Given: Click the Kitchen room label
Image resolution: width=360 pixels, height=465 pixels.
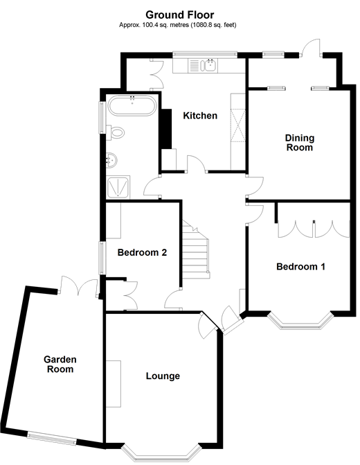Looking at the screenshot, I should tap(200, 116).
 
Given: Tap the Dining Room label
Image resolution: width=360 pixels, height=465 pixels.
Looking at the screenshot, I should tap(299, 143).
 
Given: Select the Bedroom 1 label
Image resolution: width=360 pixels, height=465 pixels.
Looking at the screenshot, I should tap(300, 267).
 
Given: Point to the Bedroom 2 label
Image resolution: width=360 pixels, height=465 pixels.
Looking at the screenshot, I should tap(142, 253).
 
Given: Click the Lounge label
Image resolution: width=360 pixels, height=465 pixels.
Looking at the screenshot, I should tap(163, 376).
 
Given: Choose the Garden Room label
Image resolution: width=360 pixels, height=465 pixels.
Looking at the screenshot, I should tap(60, 365).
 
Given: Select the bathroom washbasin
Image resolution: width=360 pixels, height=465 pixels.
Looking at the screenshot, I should tap(111, 160).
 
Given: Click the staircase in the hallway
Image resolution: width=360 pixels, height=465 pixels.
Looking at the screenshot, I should tap(195, 250).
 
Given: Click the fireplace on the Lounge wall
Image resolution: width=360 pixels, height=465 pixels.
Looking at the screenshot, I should tap(114, 383).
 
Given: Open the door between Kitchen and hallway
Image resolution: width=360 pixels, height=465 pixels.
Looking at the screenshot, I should tap(197, 166).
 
